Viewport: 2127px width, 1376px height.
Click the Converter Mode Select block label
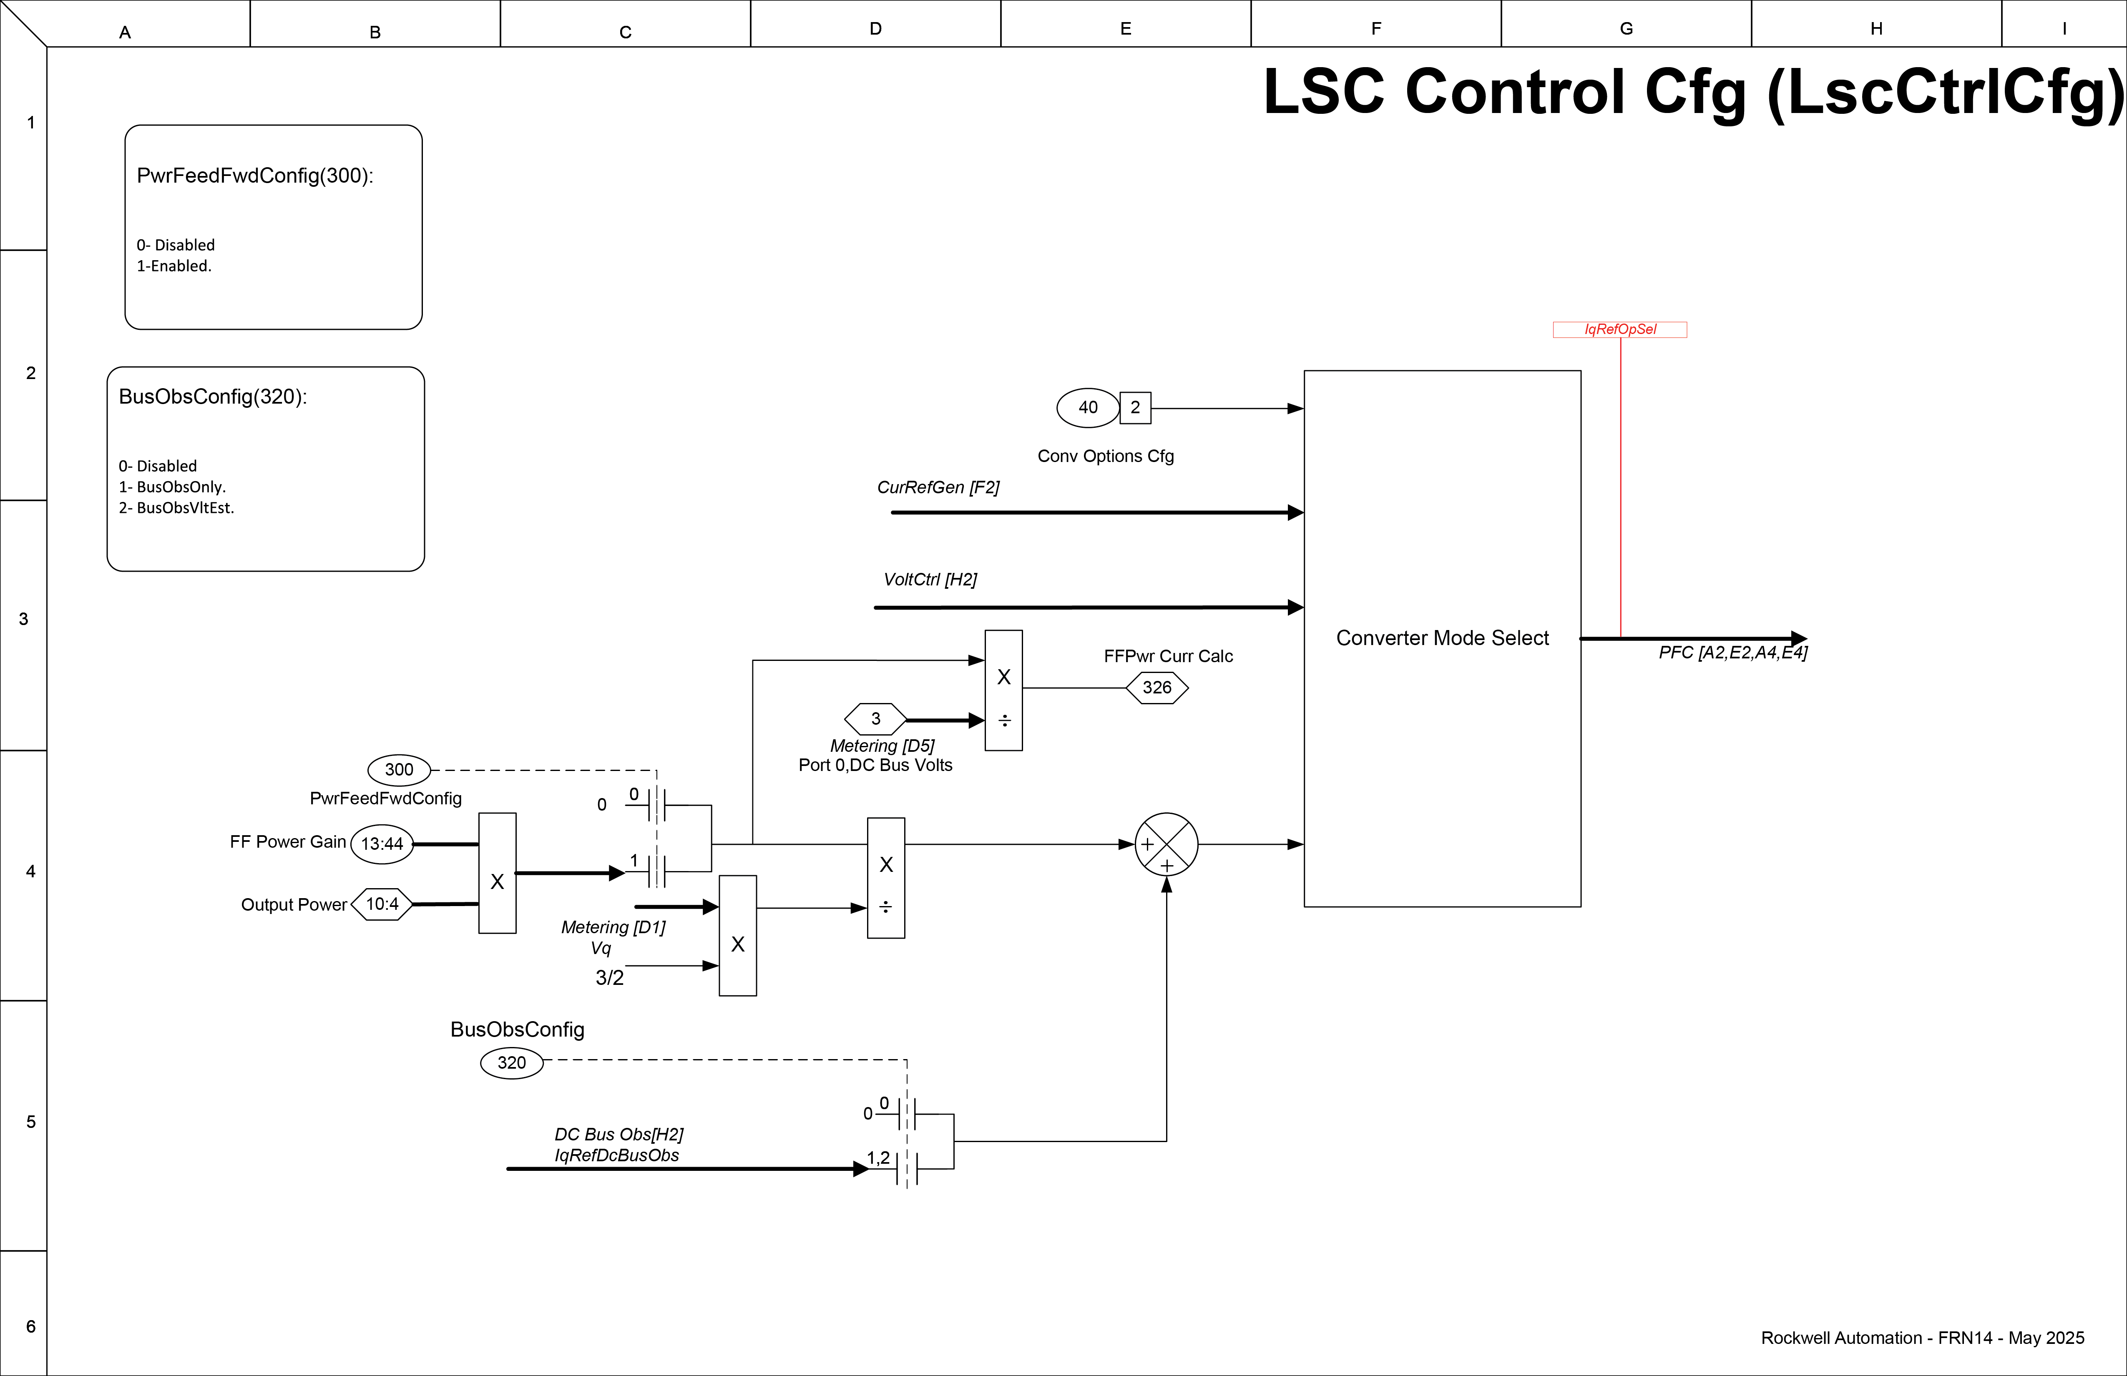(1441, 638)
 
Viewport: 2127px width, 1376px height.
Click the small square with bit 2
(1135, 407)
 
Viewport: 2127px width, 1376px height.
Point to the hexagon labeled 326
(1157, 688)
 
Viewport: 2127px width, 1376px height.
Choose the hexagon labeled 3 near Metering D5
(875, 718)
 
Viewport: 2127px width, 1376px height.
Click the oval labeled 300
(399, 769)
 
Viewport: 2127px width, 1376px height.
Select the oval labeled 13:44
(382, 844)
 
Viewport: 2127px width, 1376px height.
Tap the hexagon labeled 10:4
(382, 904)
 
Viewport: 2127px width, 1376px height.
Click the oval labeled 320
(511, 1062)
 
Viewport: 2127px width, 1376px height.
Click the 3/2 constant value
(609, 977)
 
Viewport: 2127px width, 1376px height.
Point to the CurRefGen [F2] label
(938, 487)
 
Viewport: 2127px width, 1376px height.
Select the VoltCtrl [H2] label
(930, 579)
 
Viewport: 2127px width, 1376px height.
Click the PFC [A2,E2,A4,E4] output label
(1732, 652)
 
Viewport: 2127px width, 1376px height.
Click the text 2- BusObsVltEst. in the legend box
(176, 507)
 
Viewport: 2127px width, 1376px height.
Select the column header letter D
(875, 29)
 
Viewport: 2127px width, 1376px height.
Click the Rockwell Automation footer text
(1921, 1338)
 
